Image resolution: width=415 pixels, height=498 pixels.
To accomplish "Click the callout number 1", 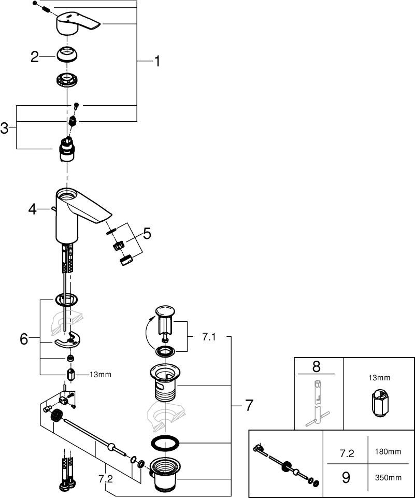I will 156,62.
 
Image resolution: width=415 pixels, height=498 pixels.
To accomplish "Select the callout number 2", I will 35,56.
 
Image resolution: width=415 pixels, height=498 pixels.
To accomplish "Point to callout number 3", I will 5,127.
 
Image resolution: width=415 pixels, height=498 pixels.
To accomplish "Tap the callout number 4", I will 33,209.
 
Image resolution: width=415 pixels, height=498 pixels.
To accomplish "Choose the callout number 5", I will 147,234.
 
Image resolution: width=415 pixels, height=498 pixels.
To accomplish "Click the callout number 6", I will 24,339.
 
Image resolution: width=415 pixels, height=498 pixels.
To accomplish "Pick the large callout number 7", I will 249,405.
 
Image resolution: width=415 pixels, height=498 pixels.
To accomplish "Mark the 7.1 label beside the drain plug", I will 209,337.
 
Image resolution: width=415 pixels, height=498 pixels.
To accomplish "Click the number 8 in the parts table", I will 317,366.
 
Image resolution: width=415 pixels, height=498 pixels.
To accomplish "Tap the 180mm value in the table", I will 388,452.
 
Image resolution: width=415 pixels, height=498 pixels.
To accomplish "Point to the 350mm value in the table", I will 388,477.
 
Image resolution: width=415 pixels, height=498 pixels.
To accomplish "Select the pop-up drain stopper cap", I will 164,311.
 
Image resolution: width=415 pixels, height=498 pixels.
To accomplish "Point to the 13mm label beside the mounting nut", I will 100,374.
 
